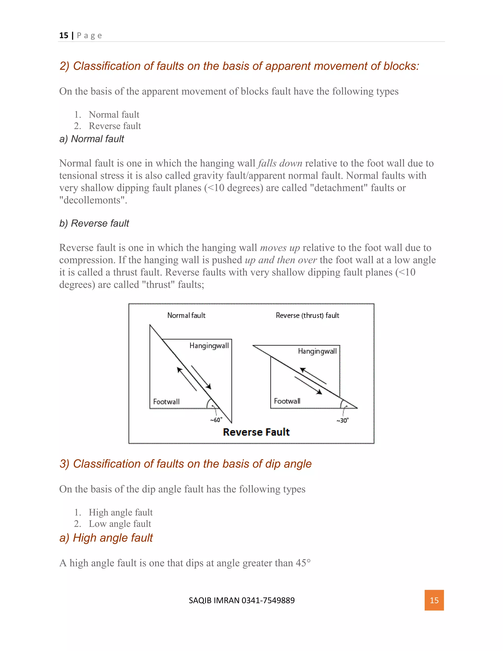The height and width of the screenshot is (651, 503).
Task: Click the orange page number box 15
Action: tap(434, 600)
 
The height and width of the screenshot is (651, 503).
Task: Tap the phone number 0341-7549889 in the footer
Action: tap(268, 600)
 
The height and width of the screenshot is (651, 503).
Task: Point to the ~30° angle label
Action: tap(342, 421)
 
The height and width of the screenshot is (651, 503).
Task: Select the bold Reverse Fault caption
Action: tap(256, 432)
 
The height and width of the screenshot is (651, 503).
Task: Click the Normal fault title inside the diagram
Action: tap(186, 315)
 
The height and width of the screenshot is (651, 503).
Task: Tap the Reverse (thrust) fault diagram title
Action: tap(307, 315)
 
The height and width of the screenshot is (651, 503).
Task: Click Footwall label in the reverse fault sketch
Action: tap(287, 401)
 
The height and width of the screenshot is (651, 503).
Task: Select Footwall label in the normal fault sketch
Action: tap(166, 401)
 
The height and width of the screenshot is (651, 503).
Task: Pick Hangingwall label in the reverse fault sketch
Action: tap(317, 351)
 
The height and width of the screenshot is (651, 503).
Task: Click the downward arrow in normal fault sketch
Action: tap(201, 377)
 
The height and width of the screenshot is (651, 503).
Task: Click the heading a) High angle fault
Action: tap(106, 538)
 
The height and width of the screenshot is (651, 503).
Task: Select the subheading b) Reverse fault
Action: tap(94, 223)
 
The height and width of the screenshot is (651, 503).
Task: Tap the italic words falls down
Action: tap(280, 163)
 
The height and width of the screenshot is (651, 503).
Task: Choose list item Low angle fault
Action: tap(120, 524)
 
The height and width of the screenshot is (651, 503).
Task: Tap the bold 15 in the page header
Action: tap(63, 35)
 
